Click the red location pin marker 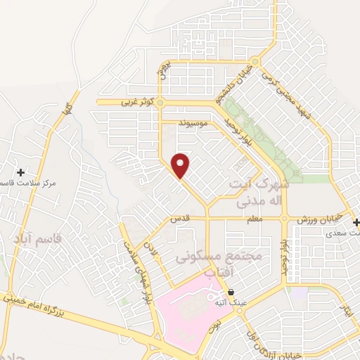tap(181, 165)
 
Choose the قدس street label tap(181, 219)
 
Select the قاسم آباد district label tap(37, 239)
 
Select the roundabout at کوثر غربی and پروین tap(160, 103)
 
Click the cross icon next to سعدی tap(356, 222)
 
